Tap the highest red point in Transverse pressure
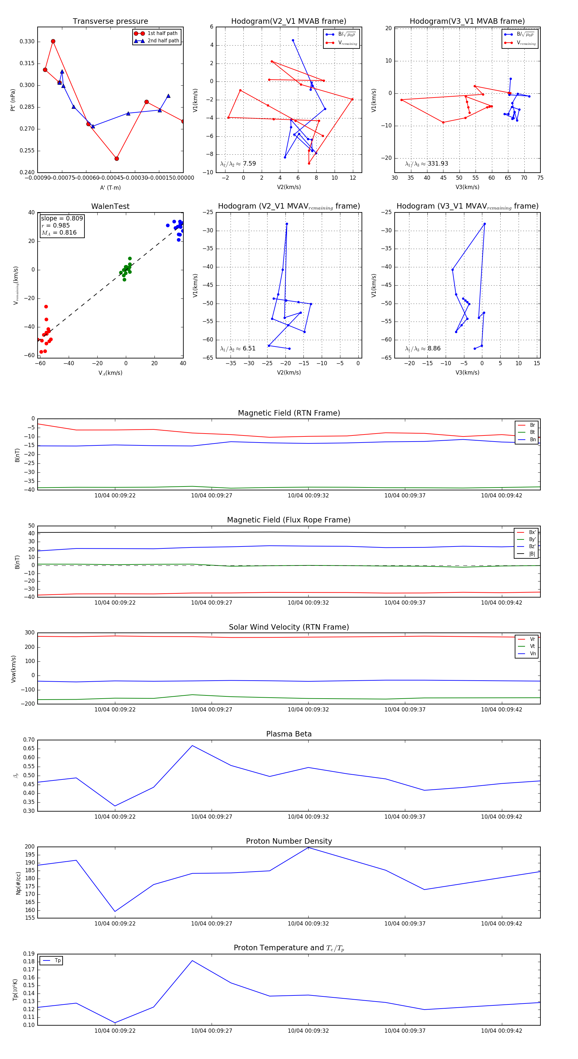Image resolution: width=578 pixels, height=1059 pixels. (x=53, y=41)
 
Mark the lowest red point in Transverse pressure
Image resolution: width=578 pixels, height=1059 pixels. (x=117, y=159)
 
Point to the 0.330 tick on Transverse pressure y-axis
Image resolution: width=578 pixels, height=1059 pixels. (x=27, y=41)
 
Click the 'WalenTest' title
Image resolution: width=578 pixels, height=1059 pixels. (x=110, y=206)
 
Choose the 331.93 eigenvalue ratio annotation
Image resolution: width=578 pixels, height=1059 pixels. (x=438, y=164)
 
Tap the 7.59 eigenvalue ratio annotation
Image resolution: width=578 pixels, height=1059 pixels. (x=249, y=164)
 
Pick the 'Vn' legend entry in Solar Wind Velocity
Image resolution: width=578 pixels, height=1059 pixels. (x=532, y=654)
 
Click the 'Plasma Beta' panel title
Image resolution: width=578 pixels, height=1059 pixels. (x=289, y=734)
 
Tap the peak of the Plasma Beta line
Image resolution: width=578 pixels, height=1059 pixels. (x=192, y=746)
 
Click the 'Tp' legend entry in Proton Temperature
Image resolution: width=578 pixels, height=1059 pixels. (x=57, y=961)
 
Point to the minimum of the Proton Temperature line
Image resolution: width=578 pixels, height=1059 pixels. (x=115, y=1023)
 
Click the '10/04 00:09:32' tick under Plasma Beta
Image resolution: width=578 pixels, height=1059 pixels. (x=308, y=817)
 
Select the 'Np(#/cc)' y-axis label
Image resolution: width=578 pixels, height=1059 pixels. (x=18, y=883)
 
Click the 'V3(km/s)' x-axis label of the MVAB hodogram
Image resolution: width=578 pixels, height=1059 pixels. (x=467, y=187)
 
